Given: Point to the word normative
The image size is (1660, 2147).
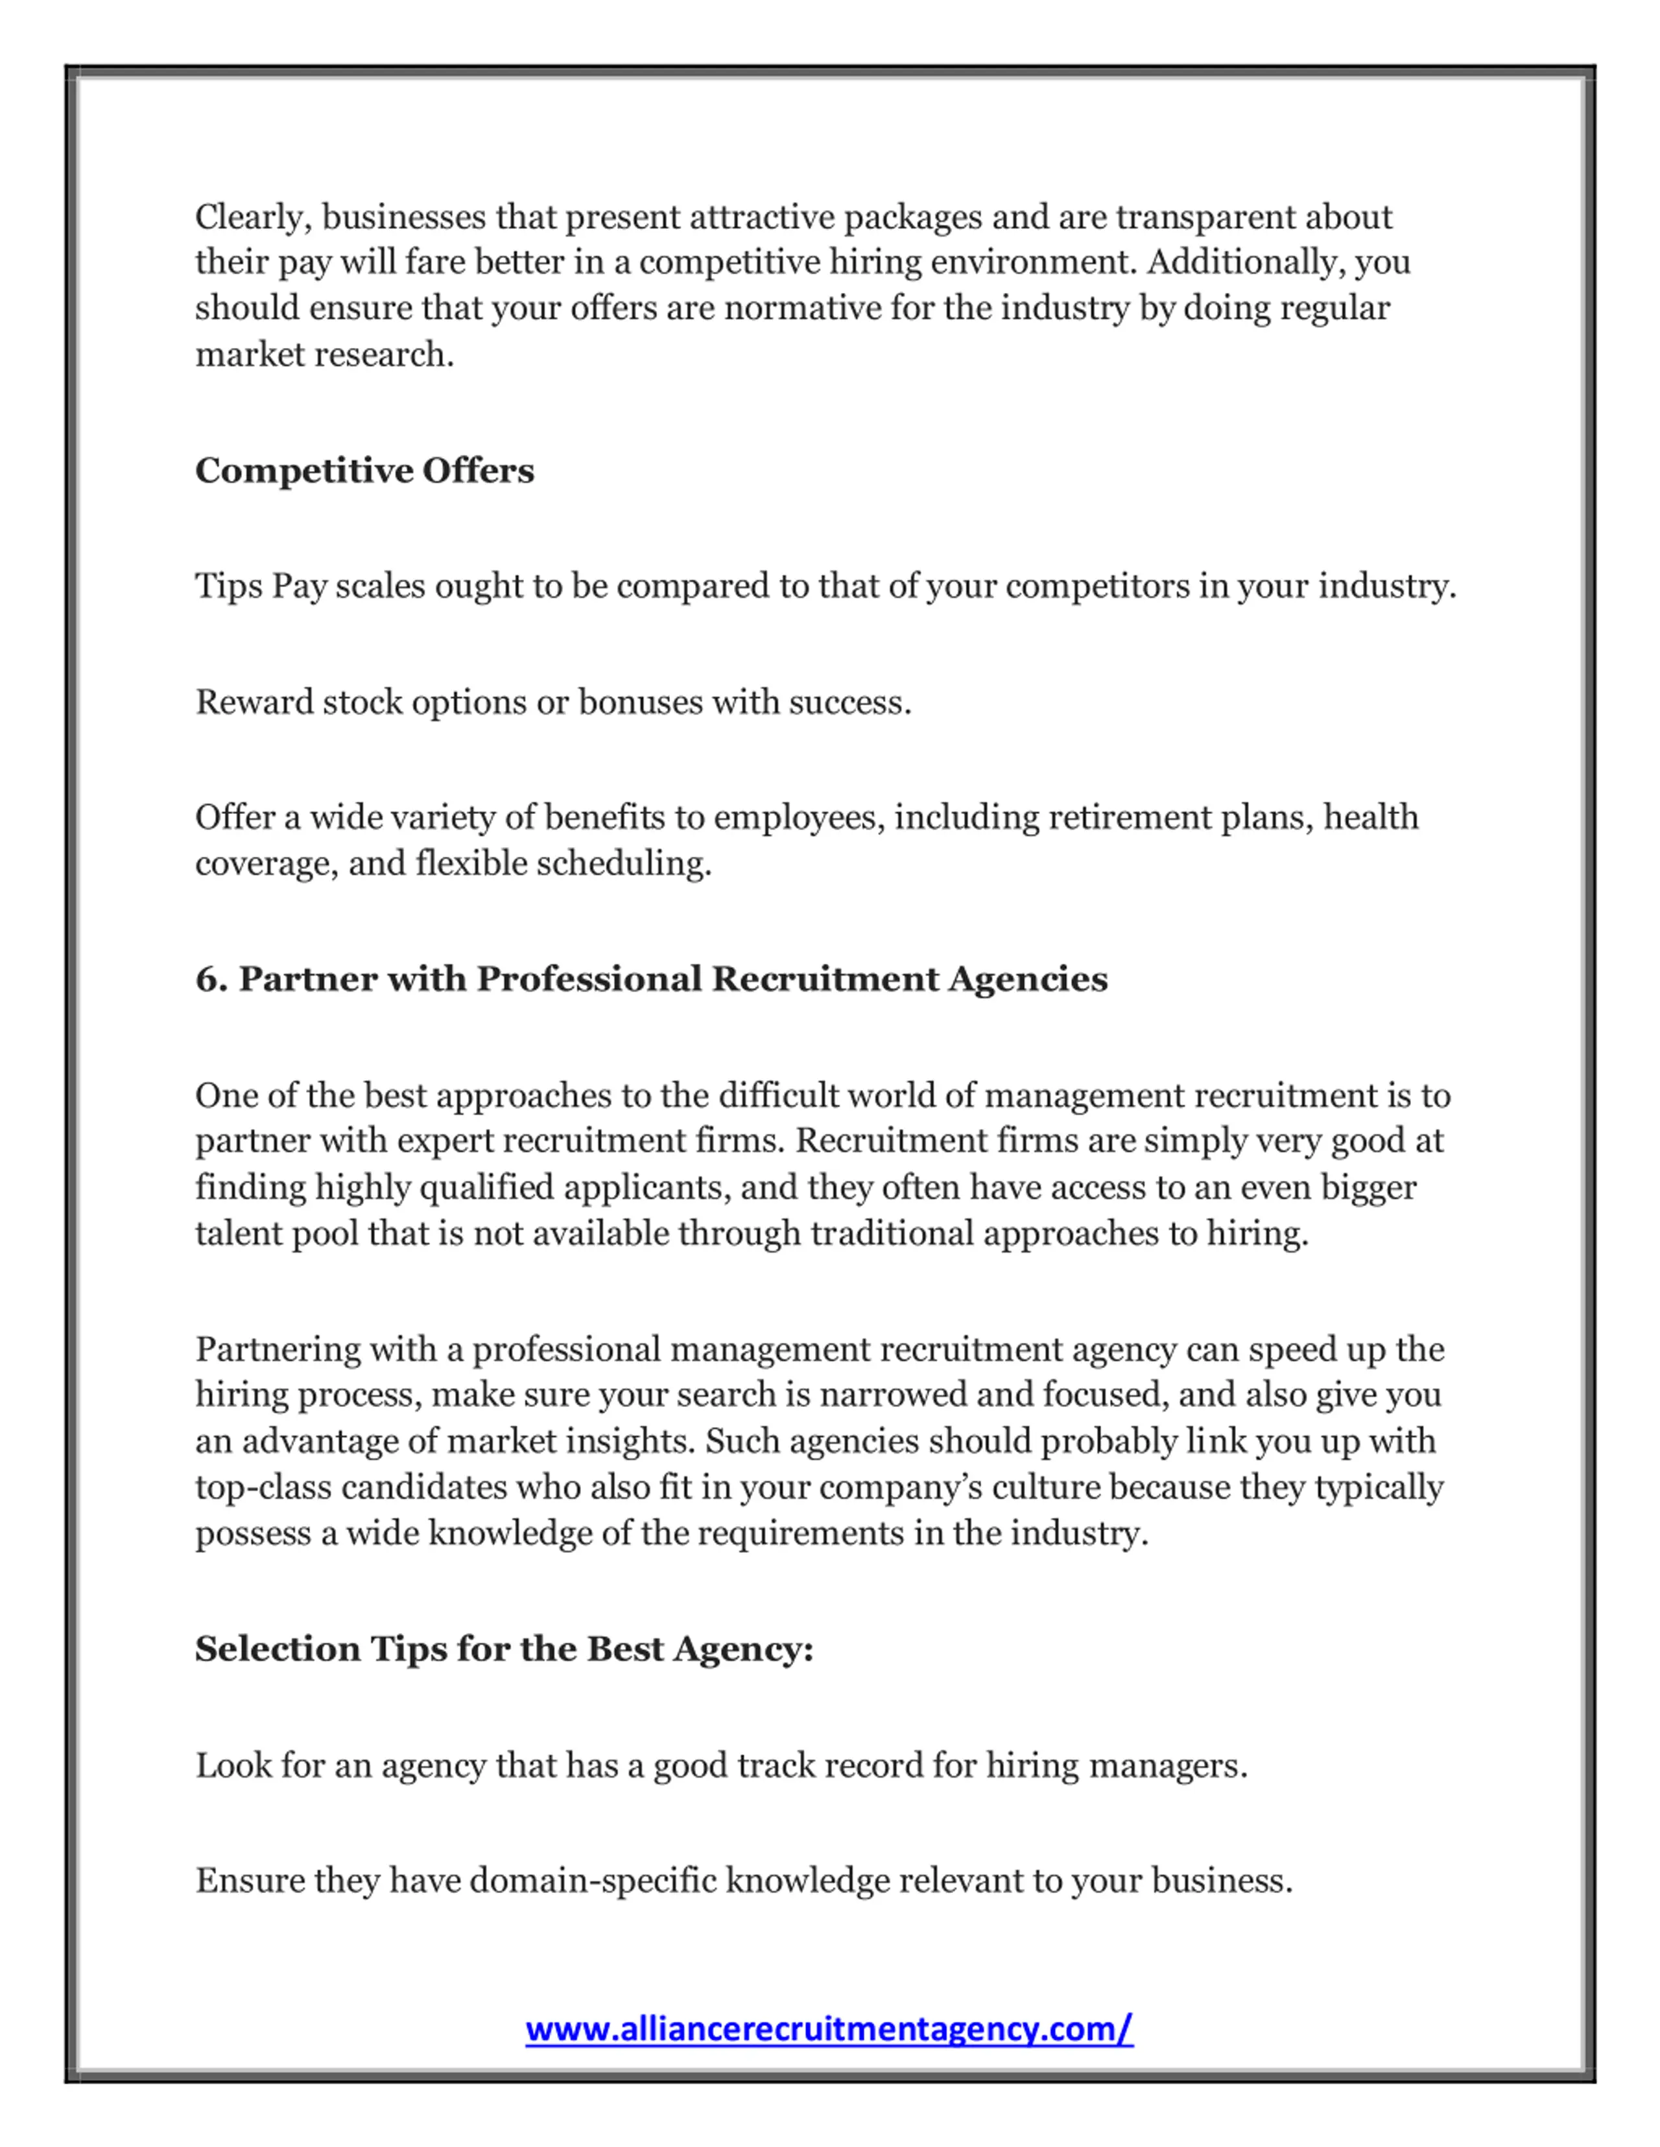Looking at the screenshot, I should click(803, 308).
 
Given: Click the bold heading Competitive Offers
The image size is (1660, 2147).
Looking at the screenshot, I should click(364, 471).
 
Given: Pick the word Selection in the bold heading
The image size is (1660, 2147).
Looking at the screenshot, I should click(278, 1649).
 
